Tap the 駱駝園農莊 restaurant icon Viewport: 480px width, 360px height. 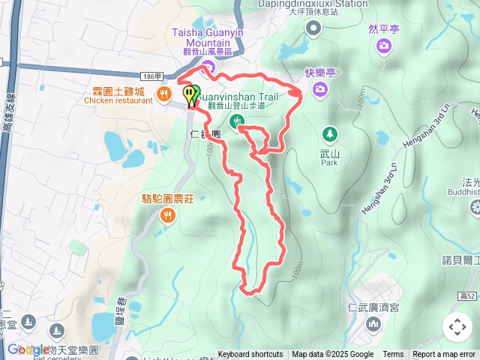pyautogui.click(x=168, y=216)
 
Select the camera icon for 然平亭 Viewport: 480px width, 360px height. pyautogui.click(x=384, y=46)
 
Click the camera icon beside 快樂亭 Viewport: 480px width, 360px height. pyautogui.click(x=320, y=89)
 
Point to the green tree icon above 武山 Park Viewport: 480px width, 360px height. pyautogui.click(x=328, y=135)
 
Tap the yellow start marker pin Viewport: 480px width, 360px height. pyautogui.click(x=190, y=94)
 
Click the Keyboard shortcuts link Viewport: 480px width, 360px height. pyautogui.click(x=250, y=355)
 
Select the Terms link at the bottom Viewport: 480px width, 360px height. pyautogui.click(x=393, y=355)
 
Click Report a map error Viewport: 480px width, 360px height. pyautogui.click(x=444, y=355)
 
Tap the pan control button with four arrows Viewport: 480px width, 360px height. pyautogui.click(x=457, y=327)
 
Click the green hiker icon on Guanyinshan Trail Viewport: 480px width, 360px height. pyautogui.click(x=237, y=121)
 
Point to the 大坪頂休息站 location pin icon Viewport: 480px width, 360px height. pyautogui.click(x=313, y=28)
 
